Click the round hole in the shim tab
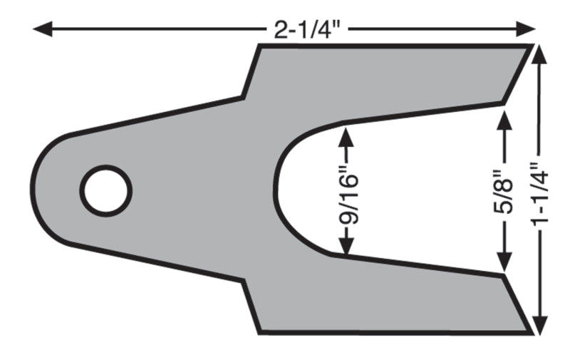coord(105,190)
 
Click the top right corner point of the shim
coord(532,46)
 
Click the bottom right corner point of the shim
coord(532,332)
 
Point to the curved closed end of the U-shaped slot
coord(277,191)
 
